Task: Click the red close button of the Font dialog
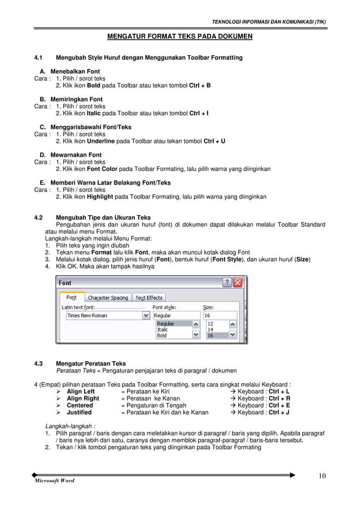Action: pyautogui.click(x=238, y=283)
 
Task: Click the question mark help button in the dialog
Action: pyautogui.click(x=227, y=283)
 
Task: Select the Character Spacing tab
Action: pyautogui.click(x=108, y=297)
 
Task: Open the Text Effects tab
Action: pyautogui.click(x=149, y=297)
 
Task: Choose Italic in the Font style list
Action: pyautogui.click(x=163, y=330)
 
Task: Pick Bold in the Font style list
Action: pyautogui.click(x=162, y=335)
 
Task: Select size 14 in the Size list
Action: pyautogui.click(x=210, y=330)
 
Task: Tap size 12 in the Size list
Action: pyautogui.click(x=210, y=324)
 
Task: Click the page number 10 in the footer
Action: pyautogui.click(x=322, y=475)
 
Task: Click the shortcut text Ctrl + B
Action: pyautogui.click(x=200, y=86)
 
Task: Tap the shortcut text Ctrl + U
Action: pyautogui.click(x=214, y=141)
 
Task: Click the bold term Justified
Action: pyautogui.click(x=80, y=413)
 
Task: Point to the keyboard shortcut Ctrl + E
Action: pyautogui.click(x=279, y=405)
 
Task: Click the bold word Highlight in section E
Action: pyautogui.click(x=100, y=197)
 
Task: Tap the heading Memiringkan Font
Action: pyautogui.click(x=76, y=99)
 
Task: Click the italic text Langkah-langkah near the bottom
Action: pyautogui.click(x=70, y=426)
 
